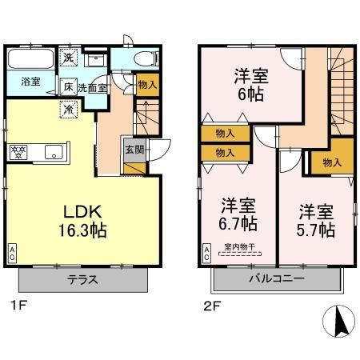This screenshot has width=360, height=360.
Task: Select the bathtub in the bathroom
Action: pyautogui.click(x=30, y=59)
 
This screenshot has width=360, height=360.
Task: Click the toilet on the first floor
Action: pyautogui.click(x=144, y=57)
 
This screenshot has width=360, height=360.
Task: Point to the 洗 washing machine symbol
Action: pyautogui.click(x=69, y=56)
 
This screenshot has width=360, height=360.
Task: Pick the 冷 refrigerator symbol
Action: pyautogui.click(x=69, y=108)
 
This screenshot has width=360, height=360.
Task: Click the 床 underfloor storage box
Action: pyautogui.click(x=69, y=87)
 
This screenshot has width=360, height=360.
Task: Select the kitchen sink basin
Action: pyautogui.click(x=54, y=150)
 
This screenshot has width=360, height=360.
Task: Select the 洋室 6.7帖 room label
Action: pyautogui.click(x=238, y=212)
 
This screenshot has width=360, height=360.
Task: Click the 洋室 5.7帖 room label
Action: pyautogui.click(x=316, y=221)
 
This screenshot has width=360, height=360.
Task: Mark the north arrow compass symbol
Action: pyautogui.click(x=338, y=322)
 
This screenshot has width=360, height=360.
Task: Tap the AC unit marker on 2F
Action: pyautogui.click(x=206, y=255)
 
